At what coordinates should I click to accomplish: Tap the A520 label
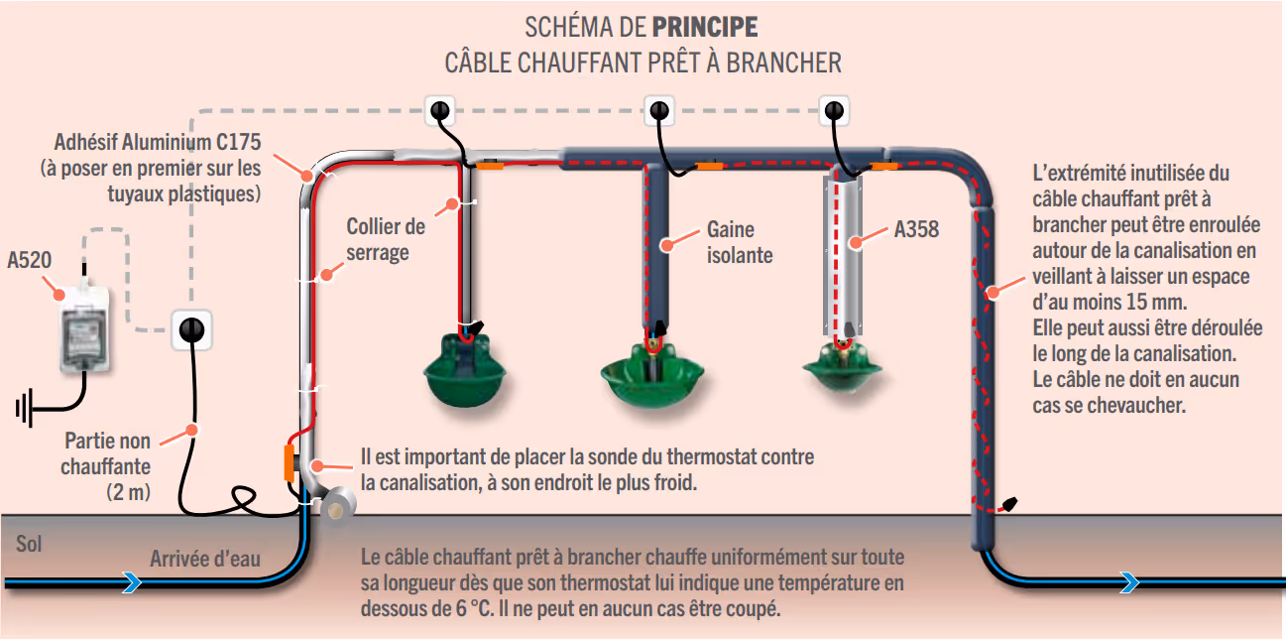[x=30, y=261]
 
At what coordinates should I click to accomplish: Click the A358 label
[x=916, y=230]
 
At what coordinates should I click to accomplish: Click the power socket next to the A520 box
[x=192, y=329]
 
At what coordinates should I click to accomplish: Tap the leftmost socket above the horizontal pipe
[x=441, y=111]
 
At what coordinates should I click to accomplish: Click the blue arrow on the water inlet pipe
[x=130, y=583]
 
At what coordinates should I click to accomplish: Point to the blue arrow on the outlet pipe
[x=1127, y=583]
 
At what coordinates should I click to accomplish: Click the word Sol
[x=29, y=544]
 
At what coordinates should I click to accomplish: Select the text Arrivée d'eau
[x=204, y=559]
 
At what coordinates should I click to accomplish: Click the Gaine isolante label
[x=739, y=242]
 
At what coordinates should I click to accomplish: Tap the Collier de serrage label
[x=386, y=239]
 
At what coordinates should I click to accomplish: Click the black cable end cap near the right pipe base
[x=1012, y=504]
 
